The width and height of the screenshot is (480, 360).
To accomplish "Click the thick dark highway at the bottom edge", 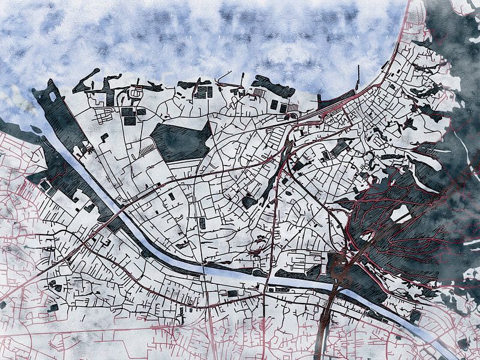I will pos(323,348).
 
